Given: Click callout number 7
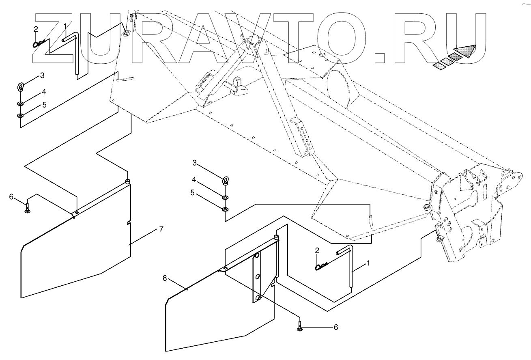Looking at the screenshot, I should coord(161,229).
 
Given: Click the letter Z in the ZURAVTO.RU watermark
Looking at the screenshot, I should coord(61,39).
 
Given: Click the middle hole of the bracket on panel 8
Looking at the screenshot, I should coord(257,277).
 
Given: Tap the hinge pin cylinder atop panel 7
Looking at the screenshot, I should coord(127,181).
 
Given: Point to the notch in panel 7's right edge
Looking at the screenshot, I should coord(129,223).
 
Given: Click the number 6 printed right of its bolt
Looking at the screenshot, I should coord(335,327).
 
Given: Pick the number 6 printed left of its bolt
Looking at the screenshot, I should coord(11,197).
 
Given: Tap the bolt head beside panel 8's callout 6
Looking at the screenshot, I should coord(299,329).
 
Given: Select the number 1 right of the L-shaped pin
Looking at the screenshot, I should coord(368,263).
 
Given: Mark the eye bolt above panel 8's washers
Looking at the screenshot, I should coord(226,180).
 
